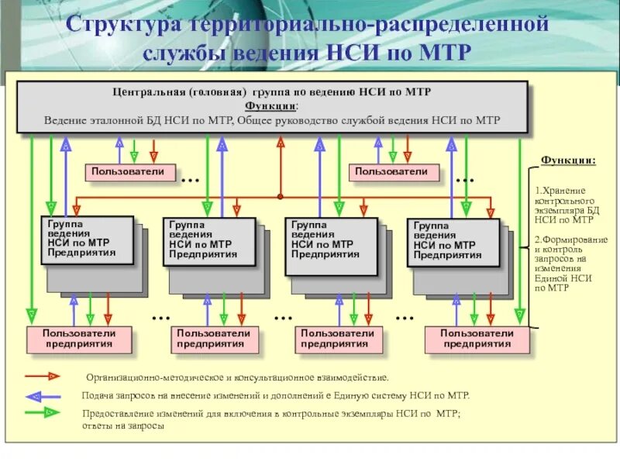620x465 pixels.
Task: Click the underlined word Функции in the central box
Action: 270,106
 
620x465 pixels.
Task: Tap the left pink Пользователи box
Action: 129,172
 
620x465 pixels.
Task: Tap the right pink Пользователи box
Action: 392,172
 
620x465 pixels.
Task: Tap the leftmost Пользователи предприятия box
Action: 79,339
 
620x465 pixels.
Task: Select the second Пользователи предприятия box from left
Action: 214,339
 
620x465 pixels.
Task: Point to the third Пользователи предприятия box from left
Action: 338,339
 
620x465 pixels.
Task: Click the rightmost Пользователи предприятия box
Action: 477,339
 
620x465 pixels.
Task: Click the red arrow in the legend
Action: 43,376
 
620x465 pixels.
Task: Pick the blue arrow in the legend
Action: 43,395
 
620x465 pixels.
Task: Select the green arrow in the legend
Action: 43,414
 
